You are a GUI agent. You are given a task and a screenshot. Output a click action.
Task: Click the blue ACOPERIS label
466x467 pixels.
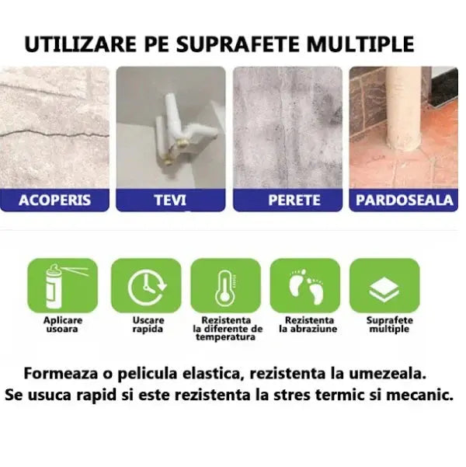pyautogui.click(x=54, y=200)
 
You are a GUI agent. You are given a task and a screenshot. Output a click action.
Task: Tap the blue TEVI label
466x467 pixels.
pyautogui.click(x=171, y=200)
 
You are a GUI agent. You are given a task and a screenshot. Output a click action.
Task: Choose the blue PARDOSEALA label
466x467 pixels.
pyautogui.click(x=405, y=200)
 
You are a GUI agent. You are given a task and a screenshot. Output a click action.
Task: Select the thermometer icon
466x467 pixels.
pyautogui.click(x=225, y=286)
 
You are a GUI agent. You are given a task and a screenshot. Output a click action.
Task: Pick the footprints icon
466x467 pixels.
pyautogui.click(x=304, y=284)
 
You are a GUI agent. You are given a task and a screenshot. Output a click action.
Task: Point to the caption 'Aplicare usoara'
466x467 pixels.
pyautogui.click(x=63, y=324)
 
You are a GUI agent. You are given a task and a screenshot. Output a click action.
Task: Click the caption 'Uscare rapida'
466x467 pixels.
pyautogui.click(x=148, y=324)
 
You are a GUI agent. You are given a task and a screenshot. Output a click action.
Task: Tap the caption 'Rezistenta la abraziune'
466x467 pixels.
pyautogui.click(x=309, y=324)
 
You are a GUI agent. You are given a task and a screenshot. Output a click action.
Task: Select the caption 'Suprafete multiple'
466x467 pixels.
pyautogui.click(x=389, y=324)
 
